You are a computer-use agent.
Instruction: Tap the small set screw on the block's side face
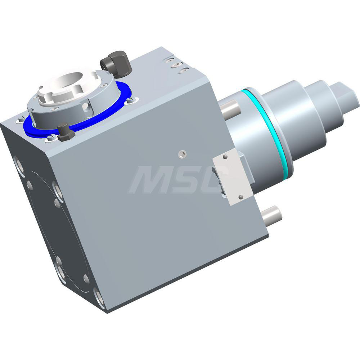click(181, 154)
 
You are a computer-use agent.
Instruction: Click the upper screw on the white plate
click(225, 157)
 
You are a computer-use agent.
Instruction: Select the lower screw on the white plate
click(240, 197)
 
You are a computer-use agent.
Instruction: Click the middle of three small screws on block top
click(175, 65)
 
